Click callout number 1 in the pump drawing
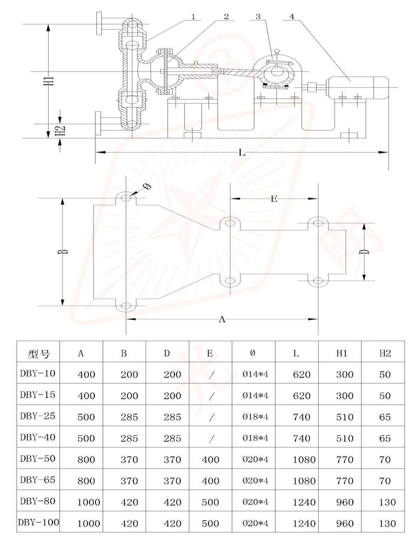[193, 17]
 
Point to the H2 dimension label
[61, 130]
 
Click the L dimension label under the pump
[242, 153]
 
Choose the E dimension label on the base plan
[273, 199]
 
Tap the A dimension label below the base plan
[222, 319]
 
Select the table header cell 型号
[39, 354]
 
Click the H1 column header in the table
[342, 353]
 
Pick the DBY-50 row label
[37, 459]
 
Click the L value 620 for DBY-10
[301, 374]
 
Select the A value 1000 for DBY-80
[89, 502]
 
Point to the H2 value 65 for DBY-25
[385, 417]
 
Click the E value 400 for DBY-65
[210, 481]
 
